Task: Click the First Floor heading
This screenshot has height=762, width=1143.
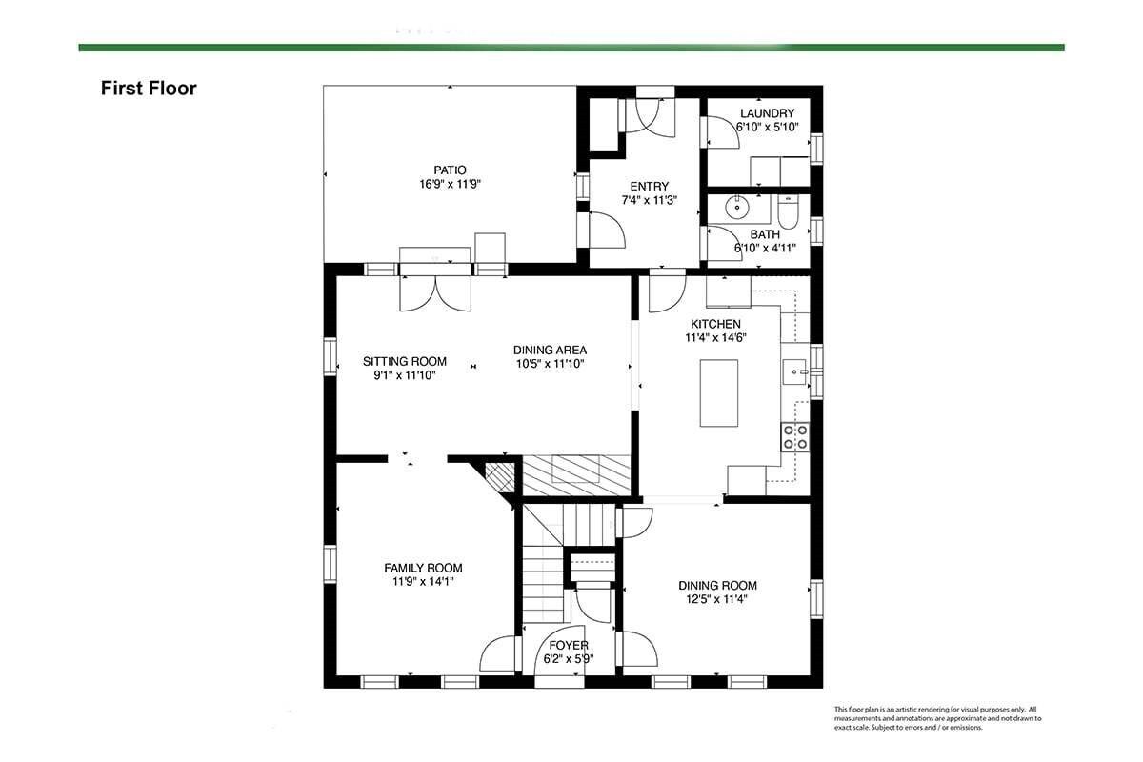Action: pos(149,89)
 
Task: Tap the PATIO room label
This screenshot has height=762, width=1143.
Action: pos(450,170)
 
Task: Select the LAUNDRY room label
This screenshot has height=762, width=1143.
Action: pos(767,113)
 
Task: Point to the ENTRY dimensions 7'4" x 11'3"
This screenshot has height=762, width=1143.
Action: pos(649,200)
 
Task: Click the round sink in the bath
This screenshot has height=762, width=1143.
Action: pos(737,207)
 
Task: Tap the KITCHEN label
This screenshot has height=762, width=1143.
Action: pos(715,324)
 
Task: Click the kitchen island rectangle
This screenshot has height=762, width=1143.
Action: pos(718,393)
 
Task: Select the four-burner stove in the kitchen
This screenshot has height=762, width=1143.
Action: pos(795,437)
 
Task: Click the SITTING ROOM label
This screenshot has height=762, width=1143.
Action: pos(405,361)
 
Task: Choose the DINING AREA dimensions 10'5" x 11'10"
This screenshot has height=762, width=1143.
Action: pos(550,364)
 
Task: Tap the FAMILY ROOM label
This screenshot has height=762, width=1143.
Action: pos(423,568)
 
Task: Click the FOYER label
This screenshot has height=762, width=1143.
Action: pos(569,645)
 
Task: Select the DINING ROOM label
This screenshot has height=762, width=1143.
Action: pos(717,586)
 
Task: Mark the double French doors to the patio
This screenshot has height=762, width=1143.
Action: pos(435,293)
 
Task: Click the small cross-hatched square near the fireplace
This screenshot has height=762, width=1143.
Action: pos(499,477)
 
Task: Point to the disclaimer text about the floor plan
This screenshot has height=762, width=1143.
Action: pos(937,718)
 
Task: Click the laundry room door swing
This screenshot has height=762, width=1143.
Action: pos(722,132)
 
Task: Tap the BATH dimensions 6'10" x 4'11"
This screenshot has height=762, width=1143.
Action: pos(765,249)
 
